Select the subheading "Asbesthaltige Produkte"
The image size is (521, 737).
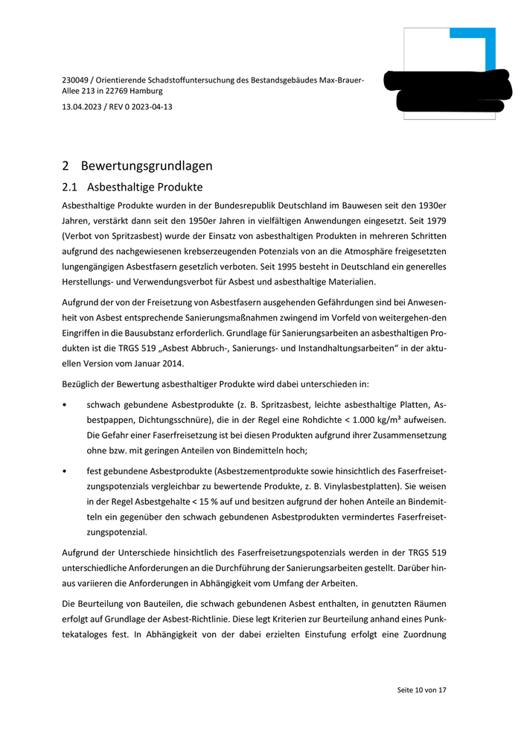click(x=144, y=187)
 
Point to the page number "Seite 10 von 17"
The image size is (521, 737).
click(x=421, y=690)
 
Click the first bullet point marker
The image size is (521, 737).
click(x=66, y=405)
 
